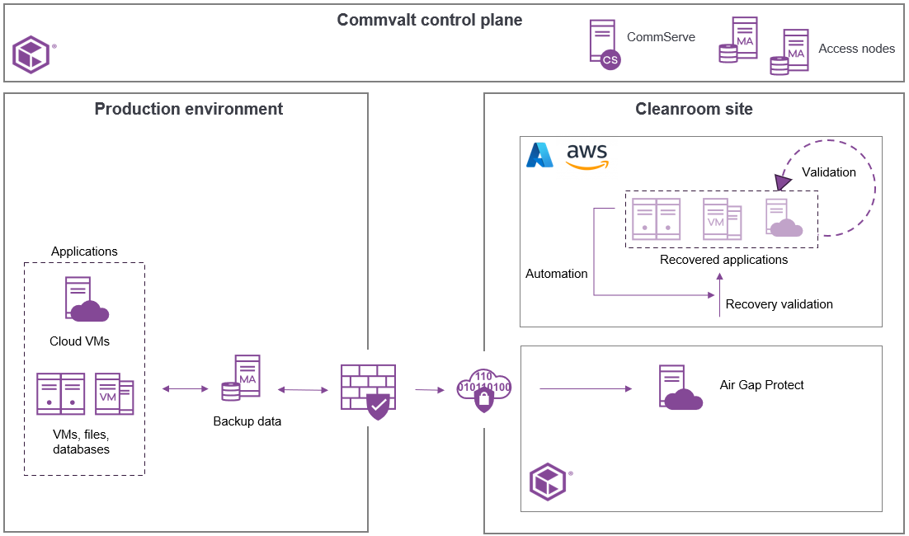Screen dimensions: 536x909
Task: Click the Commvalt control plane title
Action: tap(429, 20)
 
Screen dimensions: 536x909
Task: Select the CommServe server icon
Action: tap(604, 45)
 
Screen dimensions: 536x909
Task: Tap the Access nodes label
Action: tap(856, 49)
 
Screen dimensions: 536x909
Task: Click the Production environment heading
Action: tap(189, 109)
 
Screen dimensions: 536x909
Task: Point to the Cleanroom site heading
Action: tap(694, 109)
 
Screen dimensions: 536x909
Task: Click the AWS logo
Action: tap(587, 156)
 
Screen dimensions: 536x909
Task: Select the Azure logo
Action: tap(540, 155)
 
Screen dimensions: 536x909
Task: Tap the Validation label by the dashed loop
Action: tap(829, 172)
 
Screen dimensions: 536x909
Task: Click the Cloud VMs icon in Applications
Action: tap(86, 300)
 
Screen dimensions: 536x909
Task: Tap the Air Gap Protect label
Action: tap(761, 385)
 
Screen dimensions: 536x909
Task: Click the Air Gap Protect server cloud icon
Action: tap(679, 388)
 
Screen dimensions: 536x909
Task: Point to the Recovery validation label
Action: tap(779, 304)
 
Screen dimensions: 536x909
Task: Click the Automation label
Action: tap(557, 274)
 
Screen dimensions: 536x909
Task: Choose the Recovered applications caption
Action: tap(723, 260)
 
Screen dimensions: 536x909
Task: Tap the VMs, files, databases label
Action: tap(81, 442)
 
